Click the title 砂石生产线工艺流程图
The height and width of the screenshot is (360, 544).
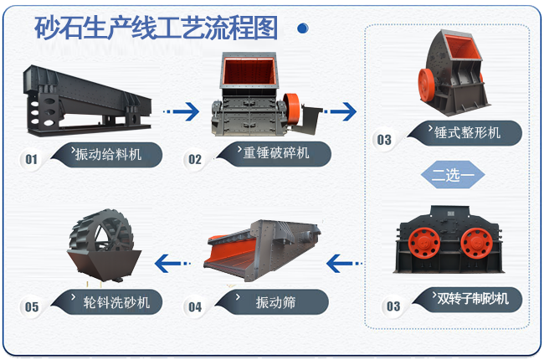tap(156, 28)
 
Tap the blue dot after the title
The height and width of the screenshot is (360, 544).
tap(303, 28)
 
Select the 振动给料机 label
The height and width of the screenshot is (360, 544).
tap(108, 154)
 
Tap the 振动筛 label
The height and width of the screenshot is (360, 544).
tap(275, 302)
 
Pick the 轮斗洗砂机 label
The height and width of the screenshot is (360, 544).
tap(116, 303)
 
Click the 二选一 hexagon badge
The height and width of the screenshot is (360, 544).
tap(453, 175)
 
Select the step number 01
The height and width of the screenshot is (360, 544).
tap(31, 160)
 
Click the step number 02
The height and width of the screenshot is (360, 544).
tap(195, 160)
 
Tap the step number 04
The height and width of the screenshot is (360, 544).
tap(195, 307)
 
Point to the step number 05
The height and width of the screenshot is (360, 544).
tap(32, 307)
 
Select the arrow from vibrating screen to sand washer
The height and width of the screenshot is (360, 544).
tap(172, 264)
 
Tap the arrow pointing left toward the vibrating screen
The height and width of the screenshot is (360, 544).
tap(344, 264)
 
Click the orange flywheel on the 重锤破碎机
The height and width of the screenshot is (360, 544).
tap(291, 109)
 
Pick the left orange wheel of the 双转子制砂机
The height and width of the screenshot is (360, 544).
tap(424, 243)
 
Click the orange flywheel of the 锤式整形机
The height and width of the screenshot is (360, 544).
tap(426, 85)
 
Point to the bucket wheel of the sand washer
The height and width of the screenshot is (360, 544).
tap(101, 231)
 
